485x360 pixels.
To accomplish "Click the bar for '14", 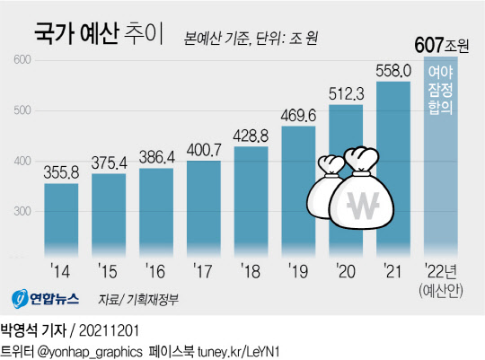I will click(61, 220).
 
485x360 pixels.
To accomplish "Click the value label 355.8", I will click(61, 171).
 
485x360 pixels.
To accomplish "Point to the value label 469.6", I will click(300, 114).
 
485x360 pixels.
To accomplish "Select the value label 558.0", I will click(395, 69).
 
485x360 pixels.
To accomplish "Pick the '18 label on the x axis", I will click(251, 268).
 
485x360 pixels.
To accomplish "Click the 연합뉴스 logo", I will click(47, 298).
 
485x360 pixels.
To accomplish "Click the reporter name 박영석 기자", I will click(35, 328).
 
